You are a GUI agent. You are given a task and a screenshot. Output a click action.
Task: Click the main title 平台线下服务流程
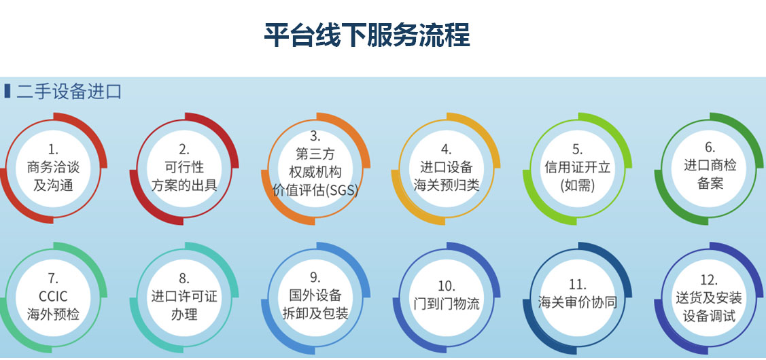pos(367,35)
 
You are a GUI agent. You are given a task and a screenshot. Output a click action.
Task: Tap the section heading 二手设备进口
pos(69,91)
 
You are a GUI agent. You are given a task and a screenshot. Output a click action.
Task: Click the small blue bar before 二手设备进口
pos(7,91)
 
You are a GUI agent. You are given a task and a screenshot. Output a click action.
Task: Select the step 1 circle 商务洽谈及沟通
pos(53,168)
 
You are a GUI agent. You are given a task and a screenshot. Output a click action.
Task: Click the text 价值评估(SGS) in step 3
pos(315,190)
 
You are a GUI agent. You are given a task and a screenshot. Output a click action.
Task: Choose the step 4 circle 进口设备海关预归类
pos(446,168)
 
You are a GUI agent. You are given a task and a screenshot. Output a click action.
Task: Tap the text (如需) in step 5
pos(578,185)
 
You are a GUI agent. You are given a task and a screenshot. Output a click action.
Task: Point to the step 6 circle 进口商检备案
pos(710,168)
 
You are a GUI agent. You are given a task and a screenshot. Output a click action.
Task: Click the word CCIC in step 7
pos(53,297)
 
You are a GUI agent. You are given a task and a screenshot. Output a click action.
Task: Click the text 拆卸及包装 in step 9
pos(315,313)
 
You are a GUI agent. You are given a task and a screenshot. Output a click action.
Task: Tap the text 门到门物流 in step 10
pos(447,304)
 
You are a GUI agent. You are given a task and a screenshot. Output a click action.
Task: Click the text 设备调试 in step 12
pos(710,316)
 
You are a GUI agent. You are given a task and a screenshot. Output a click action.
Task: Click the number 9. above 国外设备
pos(315,277)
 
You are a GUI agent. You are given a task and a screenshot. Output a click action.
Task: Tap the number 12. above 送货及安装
pos(709,279)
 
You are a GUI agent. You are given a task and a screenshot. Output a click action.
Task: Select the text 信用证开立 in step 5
pos(578,168)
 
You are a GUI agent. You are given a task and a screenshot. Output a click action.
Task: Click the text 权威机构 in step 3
pos(315,172)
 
